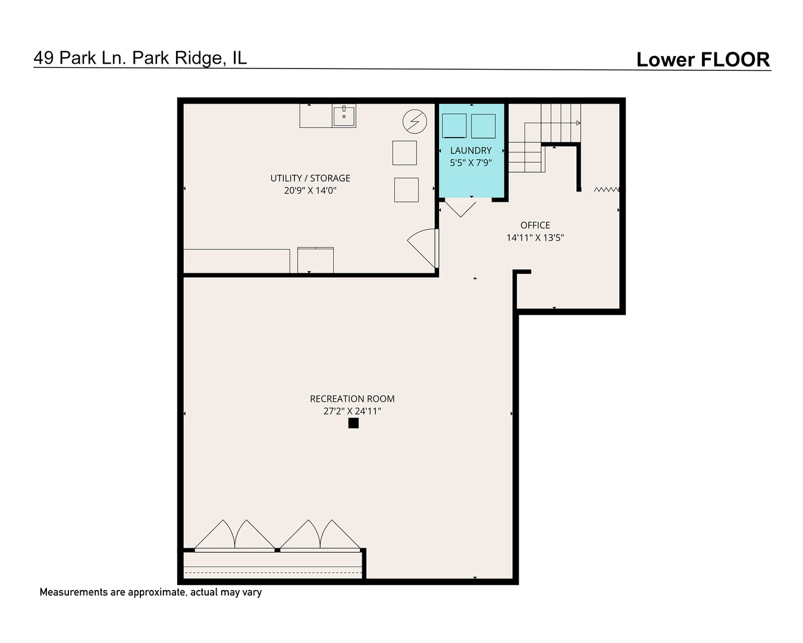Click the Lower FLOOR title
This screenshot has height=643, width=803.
702,60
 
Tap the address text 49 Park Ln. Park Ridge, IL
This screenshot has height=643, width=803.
140,58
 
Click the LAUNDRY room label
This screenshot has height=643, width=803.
470,151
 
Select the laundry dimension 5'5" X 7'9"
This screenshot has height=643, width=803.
470,163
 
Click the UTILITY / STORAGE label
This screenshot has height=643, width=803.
310,178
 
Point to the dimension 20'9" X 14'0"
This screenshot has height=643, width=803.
310,191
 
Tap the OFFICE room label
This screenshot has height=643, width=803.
535,225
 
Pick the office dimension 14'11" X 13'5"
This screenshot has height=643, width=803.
535,238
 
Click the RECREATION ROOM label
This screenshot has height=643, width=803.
352,399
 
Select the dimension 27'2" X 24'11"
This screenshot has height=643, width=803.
352,411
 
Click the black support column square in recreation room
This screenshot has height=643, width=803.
353,423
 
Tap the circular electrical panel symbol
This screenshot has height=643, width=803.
415,121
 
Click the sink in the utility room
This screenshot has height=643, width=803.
344,116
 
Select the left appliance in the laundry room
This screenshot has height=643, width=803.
454,126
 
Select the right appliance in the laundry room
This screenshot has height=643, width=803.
483,126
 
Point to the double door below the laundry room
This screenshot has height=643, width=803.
460,208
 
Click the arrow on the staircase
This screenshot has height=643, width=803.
577,123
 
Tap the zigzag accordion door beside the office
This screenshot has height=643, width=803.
606,189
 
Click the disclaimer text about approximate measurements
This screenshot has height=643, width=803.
150,592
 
